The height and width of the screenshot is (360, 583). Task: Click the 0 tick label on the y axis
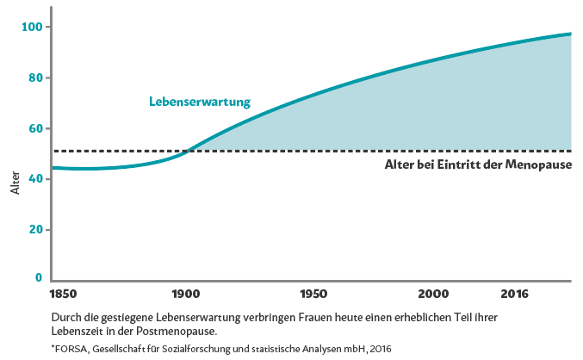[x=38, y=277]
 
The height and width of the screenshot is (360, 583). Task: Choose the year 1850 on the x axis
[x=65, y=294]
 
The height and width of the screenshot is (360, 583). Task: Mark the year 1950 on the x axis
[x=313, y=294]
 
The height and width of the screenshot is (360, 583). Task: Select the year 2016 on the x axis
[x=515, y=294]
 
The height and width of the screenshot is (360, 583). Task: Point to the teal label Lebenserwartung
[x=199, y=102]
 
